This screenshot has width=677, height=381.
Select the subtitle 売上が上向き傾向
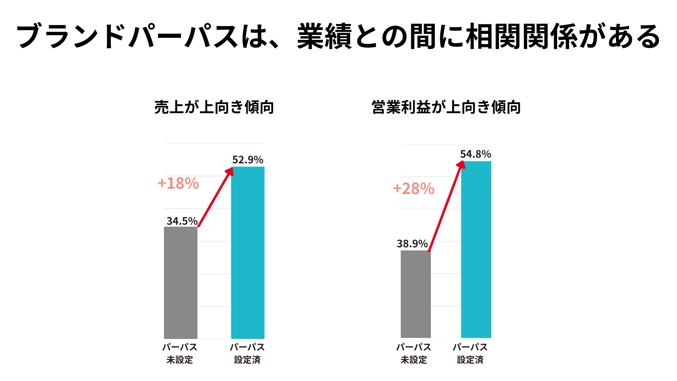214,107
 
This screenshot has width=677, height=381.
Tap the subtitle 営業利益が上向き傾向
446,107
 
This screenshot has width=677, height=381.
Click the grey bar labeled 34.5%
181,282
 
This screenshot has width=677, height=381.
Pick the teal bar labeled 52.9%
248,253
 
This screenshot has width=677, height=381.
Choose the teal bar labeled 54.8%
476,249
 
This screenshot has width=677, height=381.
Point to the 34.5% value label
182,221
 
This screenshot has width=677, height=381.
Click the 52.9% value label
248,160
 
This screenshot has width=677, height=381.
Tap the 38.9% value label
412,244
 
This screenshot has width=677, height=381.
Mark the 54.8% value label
475,154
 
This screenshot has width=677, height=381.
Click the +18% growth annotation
178,183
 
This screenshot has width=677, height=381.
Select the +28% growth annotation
414,189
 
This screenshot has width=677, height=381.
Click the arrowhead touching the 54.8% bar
461,165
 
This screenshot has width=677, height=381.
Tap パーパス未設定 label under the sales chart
180,353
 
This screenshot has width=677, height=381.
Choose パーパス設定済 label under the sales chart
247,353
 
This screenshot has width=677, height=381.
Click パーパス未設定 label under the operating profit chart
414,353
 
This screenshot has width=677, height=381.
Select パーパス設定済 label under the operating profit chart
470,353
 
